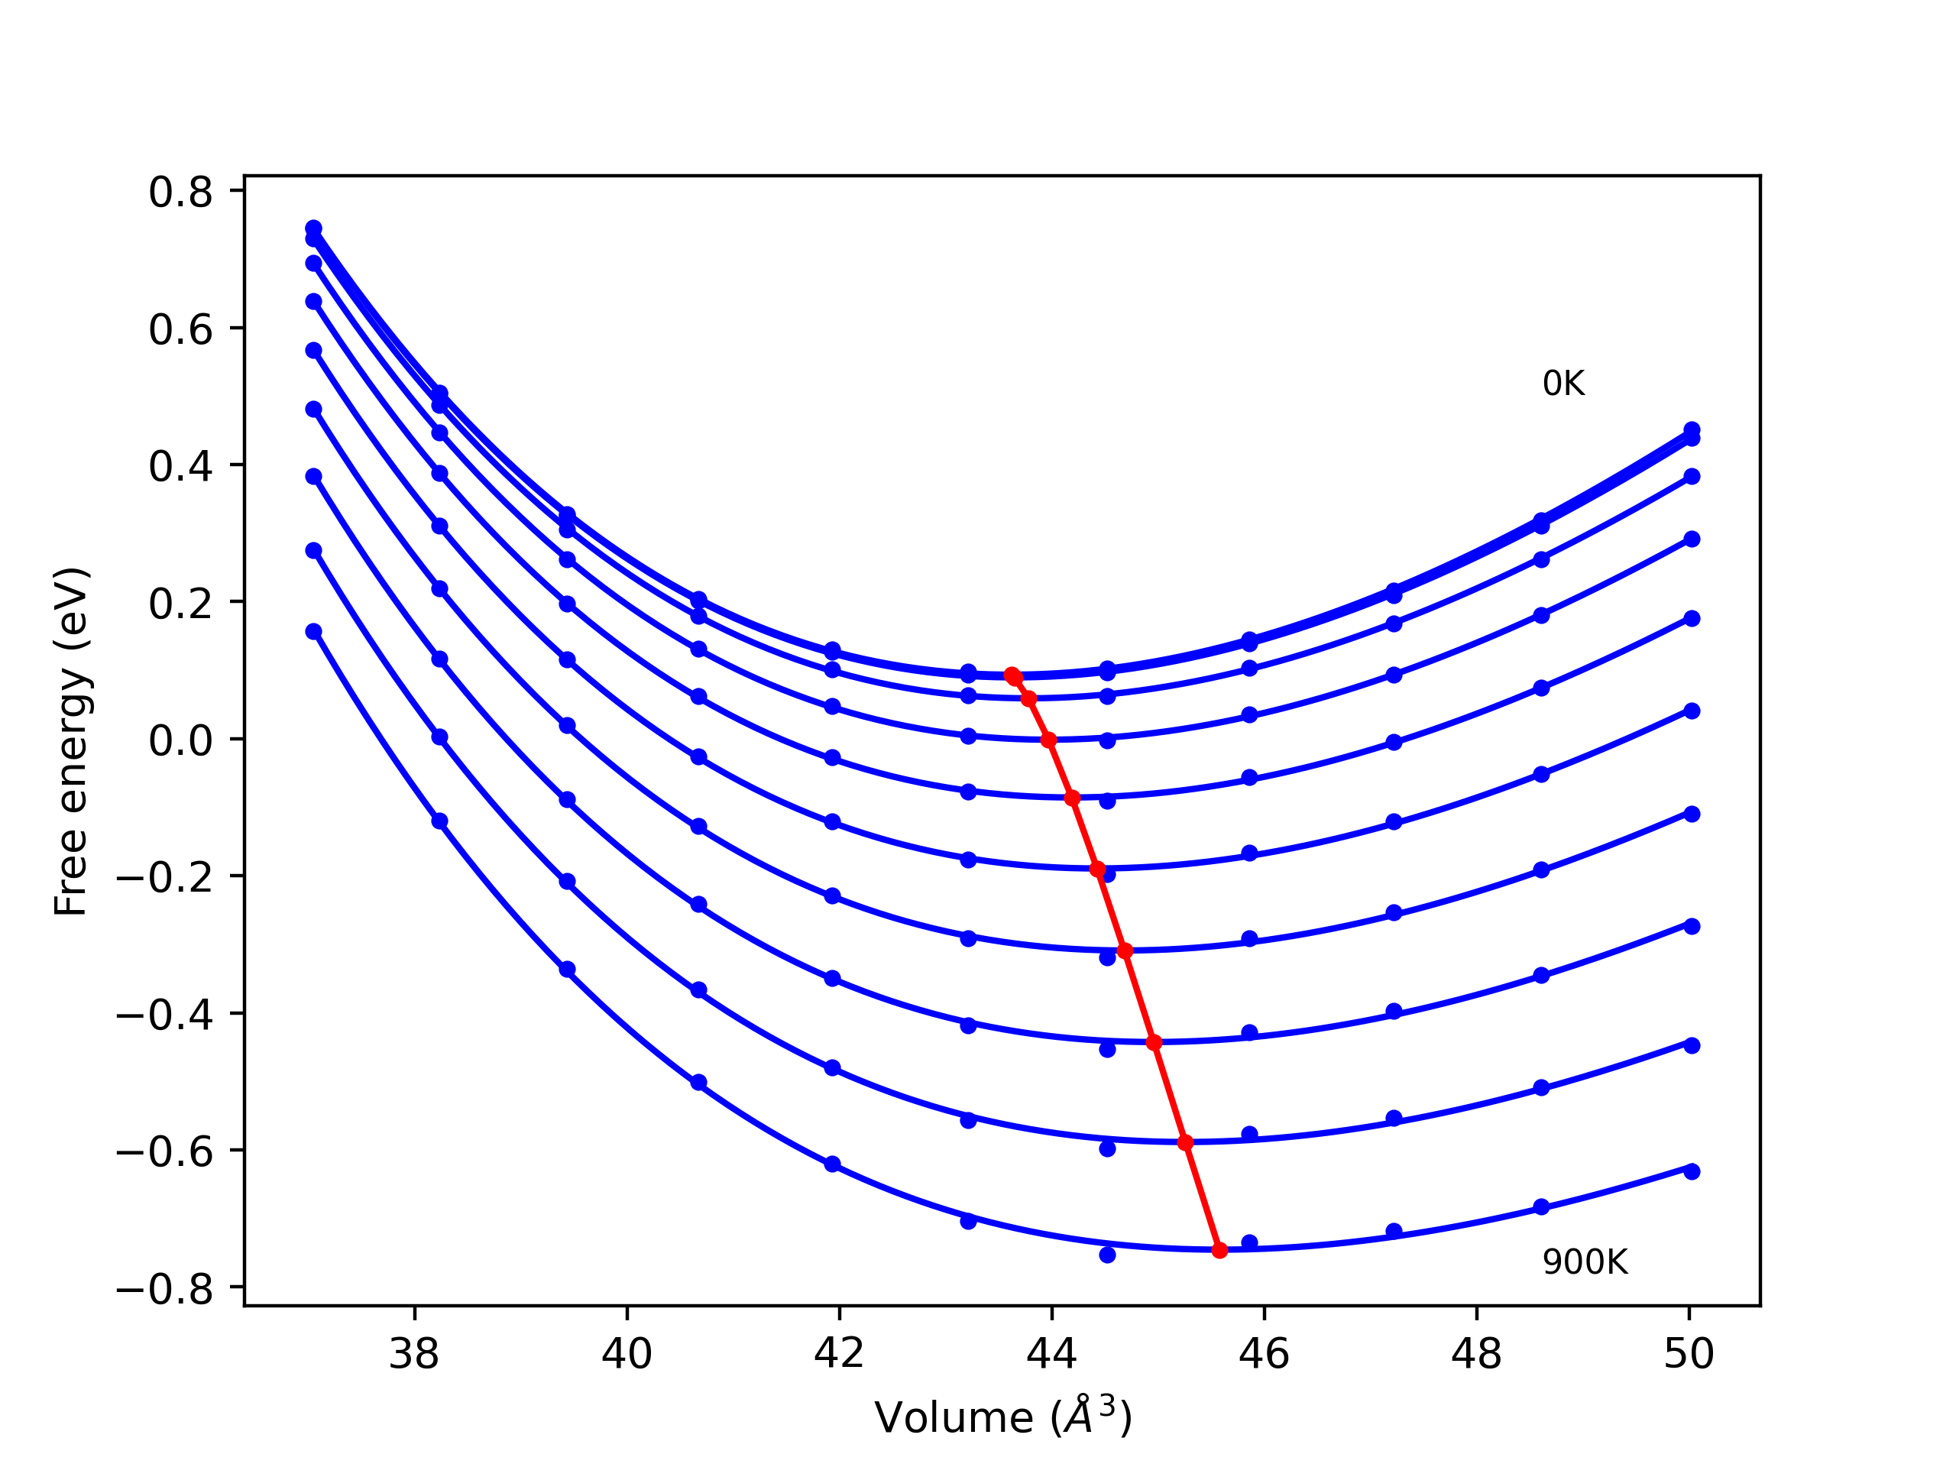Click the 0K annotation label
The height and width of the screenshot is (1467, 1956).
click(x=1563, y=384)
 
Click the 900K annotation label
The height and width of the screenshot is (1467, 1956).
click(x=1585, y=1262)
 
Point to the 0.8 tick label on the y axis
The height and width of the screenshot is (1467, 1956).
click(x=180, y=193)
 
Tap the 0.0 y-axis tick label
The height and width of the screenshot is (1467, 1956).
click(x=180, y=741)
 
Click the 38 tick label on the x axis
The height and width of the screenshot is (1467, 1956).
click(x=414, y=1354)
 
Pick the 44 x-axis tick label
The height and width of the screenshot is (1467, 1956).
click(x=1051, y=1354)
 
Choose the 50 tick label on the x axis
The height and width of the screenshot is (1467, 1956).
click(x=1689, y=1354)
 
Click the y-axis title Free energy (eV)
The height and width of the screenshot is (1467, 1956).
click(x=71, y=741)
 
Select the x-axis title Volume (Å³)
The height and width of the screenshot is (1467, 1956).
click(x=1002, y=1418)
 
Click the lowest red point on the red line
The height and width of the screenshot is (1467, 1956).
click(x=1219, y=1250)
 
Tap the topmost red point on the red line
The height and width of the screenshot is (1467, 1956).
click(x=1012, y=675)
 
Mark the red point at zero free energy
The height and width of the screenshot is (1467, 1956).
click(x=1049, y=740)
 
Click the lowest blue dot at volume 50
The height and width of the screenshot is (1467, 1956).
click(x=1692, y=1171)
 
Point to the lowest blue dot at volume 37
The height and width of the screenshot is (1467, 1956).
click(x=314, y=631)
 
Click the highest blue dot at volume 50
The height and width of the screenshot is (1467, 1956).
click(x=1692, y=429)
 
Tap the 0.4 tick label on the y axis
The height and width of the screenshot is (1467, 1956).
click(x=180, y=467)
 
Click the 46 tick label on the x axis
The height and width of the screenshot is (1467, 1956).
click(x=1264, y=1354)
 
